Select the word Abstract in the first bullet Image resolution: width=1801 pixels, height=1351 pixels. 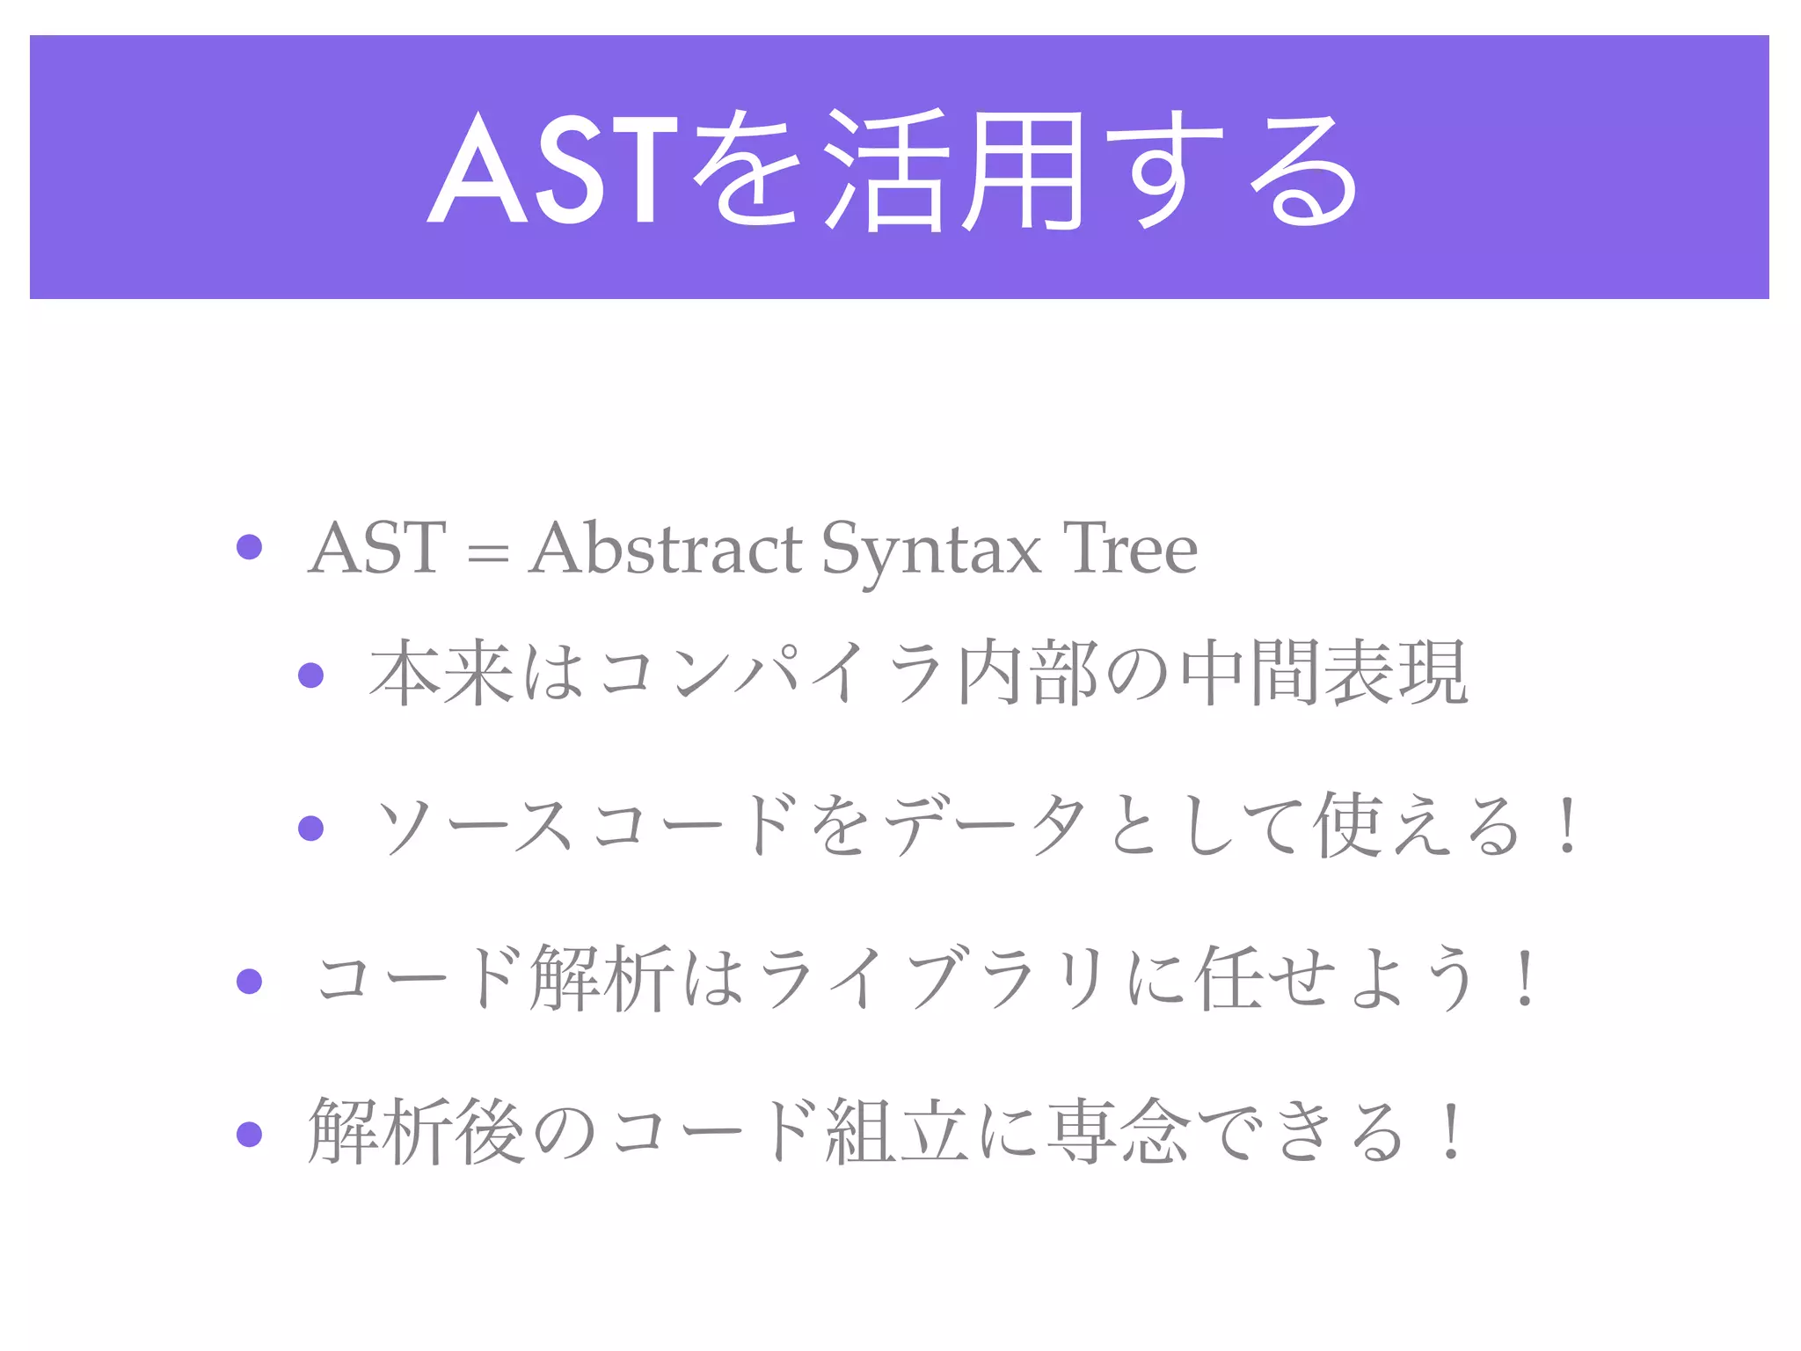pyautogui.click(x=665, y=549)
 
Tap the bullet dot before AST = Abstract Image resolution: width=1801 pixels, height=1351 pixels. pyautogui.click(x=250, y=547)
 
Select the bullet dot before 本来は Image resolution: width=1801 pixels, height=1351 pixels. pyautogui.click(x=311, y=675)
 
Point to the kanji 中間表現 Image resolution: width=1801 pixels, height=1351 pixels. pyautogui.click(x=1324, y=673)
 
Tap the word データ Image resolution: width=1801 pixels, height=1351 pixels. pyautogui.click(x=985, y=825)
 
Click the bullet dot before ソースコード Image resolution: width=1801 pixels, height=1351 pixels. pyautogui.click(x=311, y=828)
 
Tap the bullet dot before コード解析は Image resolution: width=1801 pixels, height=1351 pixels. pyautogui.click(x=250, y=981)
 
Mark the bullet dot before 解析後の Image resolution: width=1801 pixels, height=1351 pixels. pyautogui.click(x=250, y=1134)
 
